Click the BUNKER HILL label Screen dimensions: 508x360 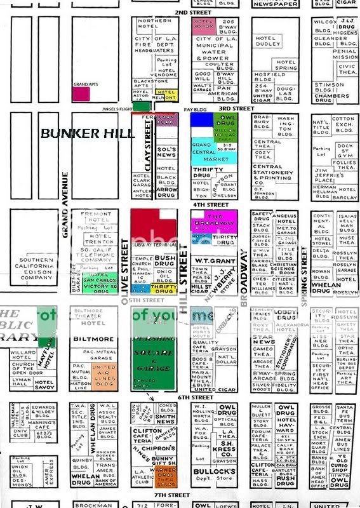pyautogui.click(x=88, y=133)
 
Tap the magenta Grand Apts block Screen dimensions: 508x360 pyautogui.click(x=81, y=93)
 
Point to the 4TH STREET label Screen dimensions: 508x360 pyautogui.click(x=212, y=205)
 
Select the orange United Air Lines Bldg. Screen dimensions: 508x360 pyautogui.click(x=104, y=375)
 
